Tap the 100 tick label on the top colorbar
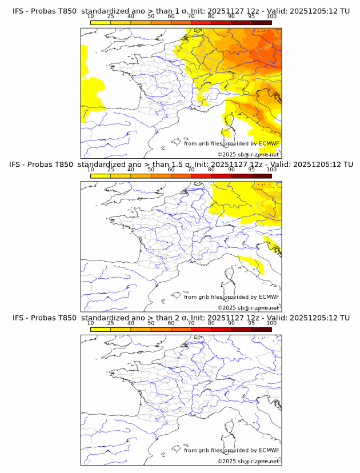tap(271, 17)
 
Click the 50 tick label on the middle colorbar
tap(151, 170)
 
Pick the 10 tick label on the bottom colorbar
tap(90, 323)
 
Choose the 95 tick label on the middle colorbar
tap(251, 170)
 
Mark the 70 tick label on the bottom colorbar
tap(191, 323)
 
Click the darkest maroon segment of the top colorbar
tap(261, 22)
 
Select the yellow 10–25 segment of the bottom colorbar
tap(101, 329)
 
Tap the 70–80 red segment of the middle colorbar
tap(201, 176)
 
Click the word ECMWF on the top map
tap(269, 143)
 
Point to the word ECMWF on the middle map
tap(269, 296)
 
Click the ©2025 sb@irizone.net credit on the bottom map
tap(248, 461)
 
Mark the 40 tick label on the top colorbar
tap(131, 17)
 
